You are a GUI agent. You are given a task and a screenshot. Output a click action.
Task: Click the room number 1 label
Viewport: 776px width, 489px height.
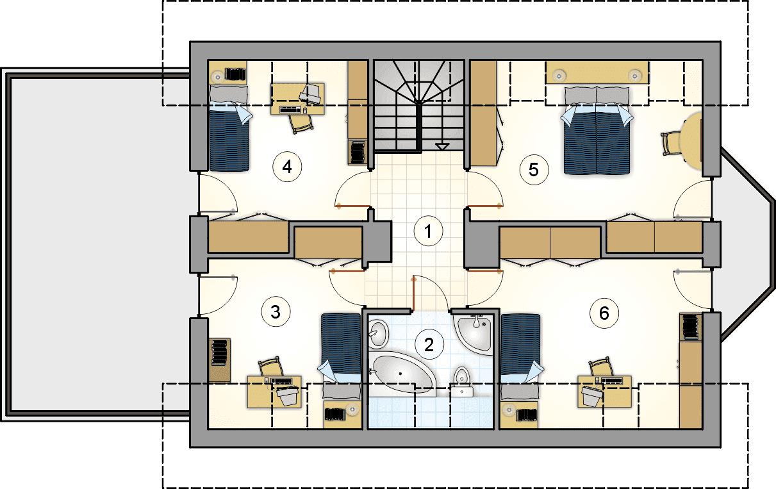click(428, 231)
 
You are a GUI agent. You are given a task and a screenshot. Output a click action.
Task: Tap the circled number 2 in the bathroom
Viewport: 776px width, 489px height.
click(429, 345)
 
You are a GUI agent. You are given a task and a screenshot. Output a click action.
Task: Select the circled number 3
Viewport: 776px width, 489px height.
click(276, 312)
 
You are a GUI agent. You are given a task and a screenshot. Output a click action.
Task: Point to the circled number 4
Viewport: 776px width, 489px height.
click(287, 167)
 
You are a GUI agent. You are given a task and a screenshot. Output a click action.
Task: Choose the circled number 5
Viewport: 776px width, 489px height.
click(534, 170)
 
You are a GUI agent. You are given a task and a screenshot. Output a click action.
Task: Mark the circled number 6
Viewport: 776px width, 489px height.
click(604, 313)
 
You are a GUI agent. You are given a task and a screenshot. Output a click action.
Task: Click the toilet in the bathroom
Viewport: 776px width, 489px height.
click(462, 381)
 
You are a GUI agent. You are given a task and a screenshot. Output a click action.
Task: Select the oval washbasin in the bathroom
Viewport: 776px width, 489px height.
click(378, 334)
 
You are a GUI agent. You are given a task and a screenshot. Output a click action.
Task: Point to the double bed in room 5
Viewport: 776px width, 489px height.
click(597, 130)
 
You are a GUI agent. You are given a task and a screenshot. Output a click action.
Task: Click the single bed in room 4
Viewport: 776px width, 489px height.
click(229, 128)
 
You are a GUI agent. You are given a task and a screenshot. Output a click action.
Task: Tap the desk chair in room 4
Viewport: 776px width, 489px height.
click(301, 123)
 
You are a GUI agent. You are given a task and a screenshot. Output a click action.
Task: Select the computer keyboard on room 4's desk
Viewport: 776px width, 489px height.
click(290, 110)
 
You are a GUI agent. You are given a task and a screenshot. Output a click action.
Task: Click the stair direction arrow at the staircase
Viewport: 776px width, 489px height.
click(442, 147)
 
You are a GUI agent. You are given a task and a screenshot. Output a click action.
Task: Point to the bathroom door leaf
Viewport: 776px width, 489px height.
click(413, 294)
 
